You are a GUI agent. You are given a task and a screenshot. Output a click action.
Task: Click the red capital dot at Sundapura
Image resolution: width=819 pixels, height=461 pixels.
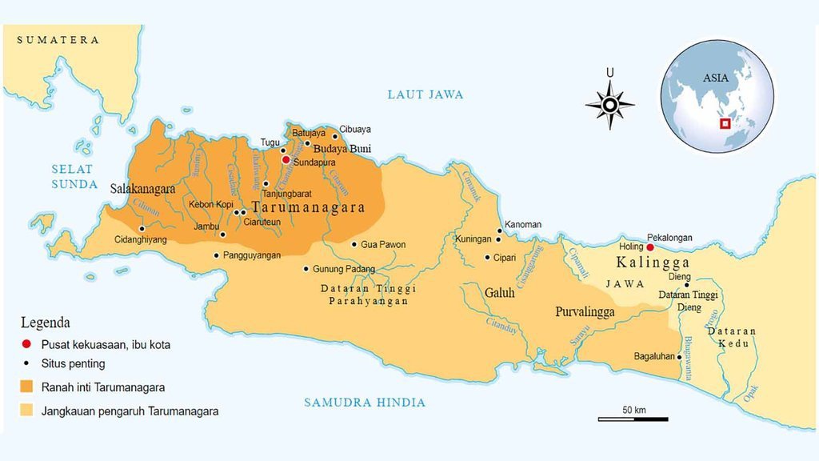coord(286,159)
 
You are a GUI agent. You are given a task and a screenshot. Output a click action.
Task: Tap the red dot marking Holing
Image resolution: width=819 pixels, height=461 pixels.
coord(650,247)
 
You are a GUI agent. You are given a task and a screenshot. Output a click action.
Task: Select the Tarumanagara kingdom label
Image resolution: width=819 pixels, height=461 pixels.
coord(308,207)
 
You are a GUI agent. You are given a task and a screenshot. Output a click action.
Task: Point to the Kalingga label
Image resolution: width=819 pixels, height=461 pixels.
coord(652,263)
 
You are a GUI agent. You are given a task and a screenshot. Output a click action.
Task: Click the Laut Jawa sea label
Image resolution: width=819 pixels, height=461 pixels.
coord(425,94)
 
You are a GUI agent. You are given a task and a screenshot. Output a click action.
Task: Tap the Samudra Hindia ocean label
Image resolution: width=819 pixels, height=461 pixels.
coord(364,403)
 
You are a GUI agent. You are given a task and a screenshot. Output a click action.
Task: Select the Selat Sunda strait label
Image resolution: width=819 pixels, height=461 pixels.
coord(73,176)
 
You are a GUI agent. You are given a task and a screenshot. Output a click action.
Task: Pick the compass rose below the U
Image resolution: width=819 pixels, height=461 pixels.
coord(609,105)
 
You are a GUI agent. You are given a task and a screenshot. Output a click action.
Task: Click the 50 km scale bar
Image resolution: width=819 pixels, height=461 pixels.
coord(633,418)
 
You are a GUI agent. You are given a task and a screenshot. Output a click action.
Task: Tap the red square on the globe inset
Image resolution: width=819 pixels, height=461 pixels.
coord(725,123)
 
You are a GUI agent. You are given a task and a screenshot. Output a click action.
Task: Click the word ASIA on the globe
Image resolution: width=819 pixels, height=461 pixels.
coord(715,78)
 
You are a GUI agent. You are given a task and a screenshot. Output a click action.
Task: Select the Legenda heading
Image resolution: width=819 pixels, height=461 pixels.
coord(45,323)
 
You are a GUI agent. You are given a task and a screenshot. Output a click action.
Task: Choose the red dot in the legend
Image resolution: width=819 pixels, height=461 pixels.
coord(26,344)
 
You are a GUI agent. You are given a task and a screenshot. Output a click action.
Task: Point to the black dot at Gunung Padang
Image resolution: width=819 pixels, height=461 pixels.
coord(306,269)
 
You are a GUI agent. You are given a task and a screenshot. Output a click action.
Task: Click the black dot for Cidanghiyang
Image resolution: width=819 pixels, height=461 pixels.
coord(142,228)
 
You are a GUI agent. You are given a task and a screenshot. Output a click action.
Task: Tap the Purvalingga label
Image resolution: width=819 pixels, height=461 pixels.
coord(585,312)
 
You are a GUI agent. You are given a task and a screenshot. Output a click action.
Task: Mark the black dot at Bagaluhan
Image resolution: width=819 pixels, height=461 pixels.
coord(681,357)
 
